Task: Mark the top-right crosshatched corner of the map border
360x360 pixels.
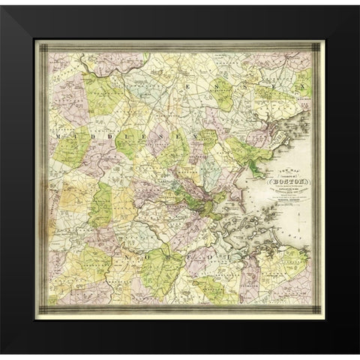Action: point(318,46)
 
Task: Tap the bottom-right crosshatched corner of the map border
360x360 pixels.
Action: point(318,309)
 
